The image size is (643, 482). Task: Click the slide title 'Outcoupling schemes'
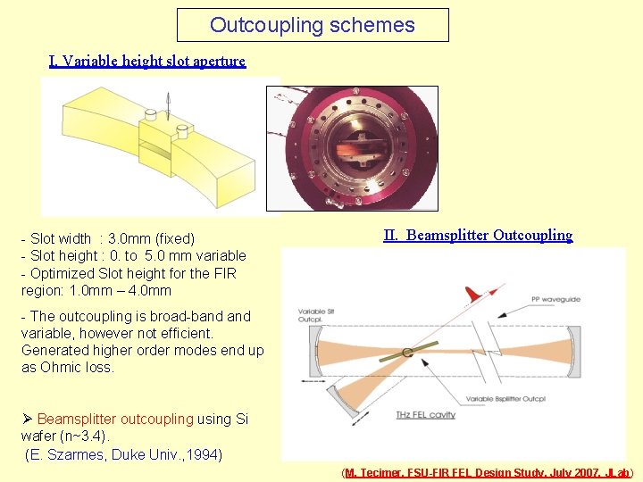pyautogui.click(x=313, y=25)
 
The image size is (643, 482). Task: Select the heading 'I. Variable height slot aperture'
pyautogui.click(x=147, y=61)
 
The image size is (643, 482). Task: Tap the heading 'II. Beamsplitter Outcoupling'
pyautogui.click(x=478, y=236)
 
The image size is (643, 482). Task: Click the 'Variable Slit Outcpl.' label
pyautogui.click(x=312, y=316)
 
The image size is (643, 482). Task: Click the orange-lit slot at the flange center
pyautogui.click(x=352, y=148)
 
